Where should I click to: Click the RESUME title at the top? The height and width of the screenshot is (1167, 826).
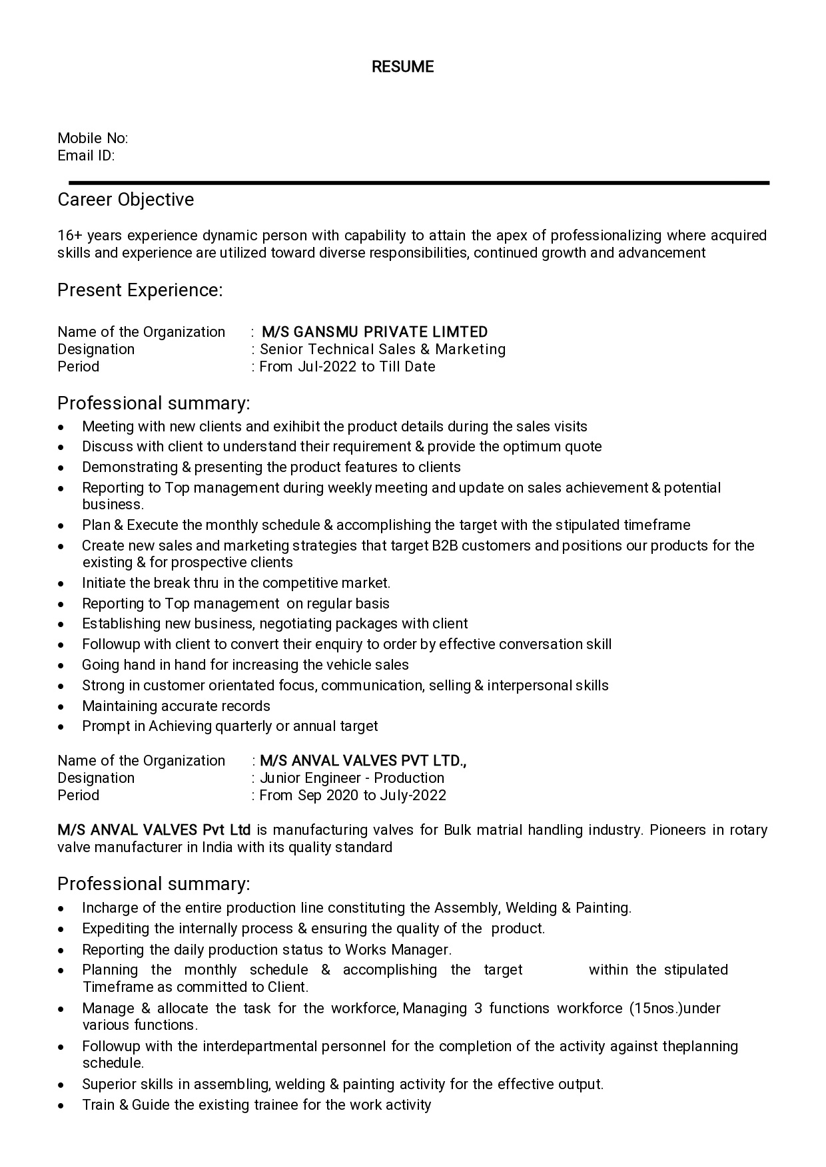click(x=402, y=67)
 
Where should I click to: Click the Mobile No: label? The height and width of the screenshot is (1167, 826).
click(x=93, y=138)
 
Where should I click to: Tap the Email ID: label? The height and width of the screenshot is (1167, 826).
click(x=86, y=156)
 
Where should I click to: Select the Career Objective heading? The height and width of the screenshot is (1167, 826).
click(x=126, y=200)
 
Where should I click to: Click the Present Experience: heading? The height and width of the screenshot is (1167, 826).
click(x=140, y=290)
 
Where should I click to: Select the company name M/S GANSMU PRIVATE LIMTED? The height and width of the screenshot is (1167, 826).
click(x=374, y=332)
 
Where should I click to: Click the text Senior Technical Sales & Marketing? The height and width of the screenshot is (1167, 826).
click(x=382, y=350)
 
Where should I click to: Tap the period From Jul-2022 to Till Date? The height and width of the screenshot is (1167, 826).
click(x=347, y=367)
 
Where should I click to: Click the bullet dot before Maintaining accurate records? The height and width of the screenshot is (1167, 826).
click(x=61, y=707)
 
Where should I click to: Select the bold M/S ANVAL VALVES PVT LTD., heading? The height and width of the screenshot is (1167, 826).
click(x=363, y=761)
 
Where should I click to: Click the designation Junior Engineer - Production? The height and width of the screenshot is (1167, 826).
click(x=352, y=778)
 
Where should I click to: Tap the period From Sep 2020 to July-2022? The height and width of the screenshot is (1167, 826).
click(x=352, y=796)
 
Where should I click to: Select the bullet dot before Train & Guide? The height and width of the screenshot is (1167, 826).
click(x=61, y=1106)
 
